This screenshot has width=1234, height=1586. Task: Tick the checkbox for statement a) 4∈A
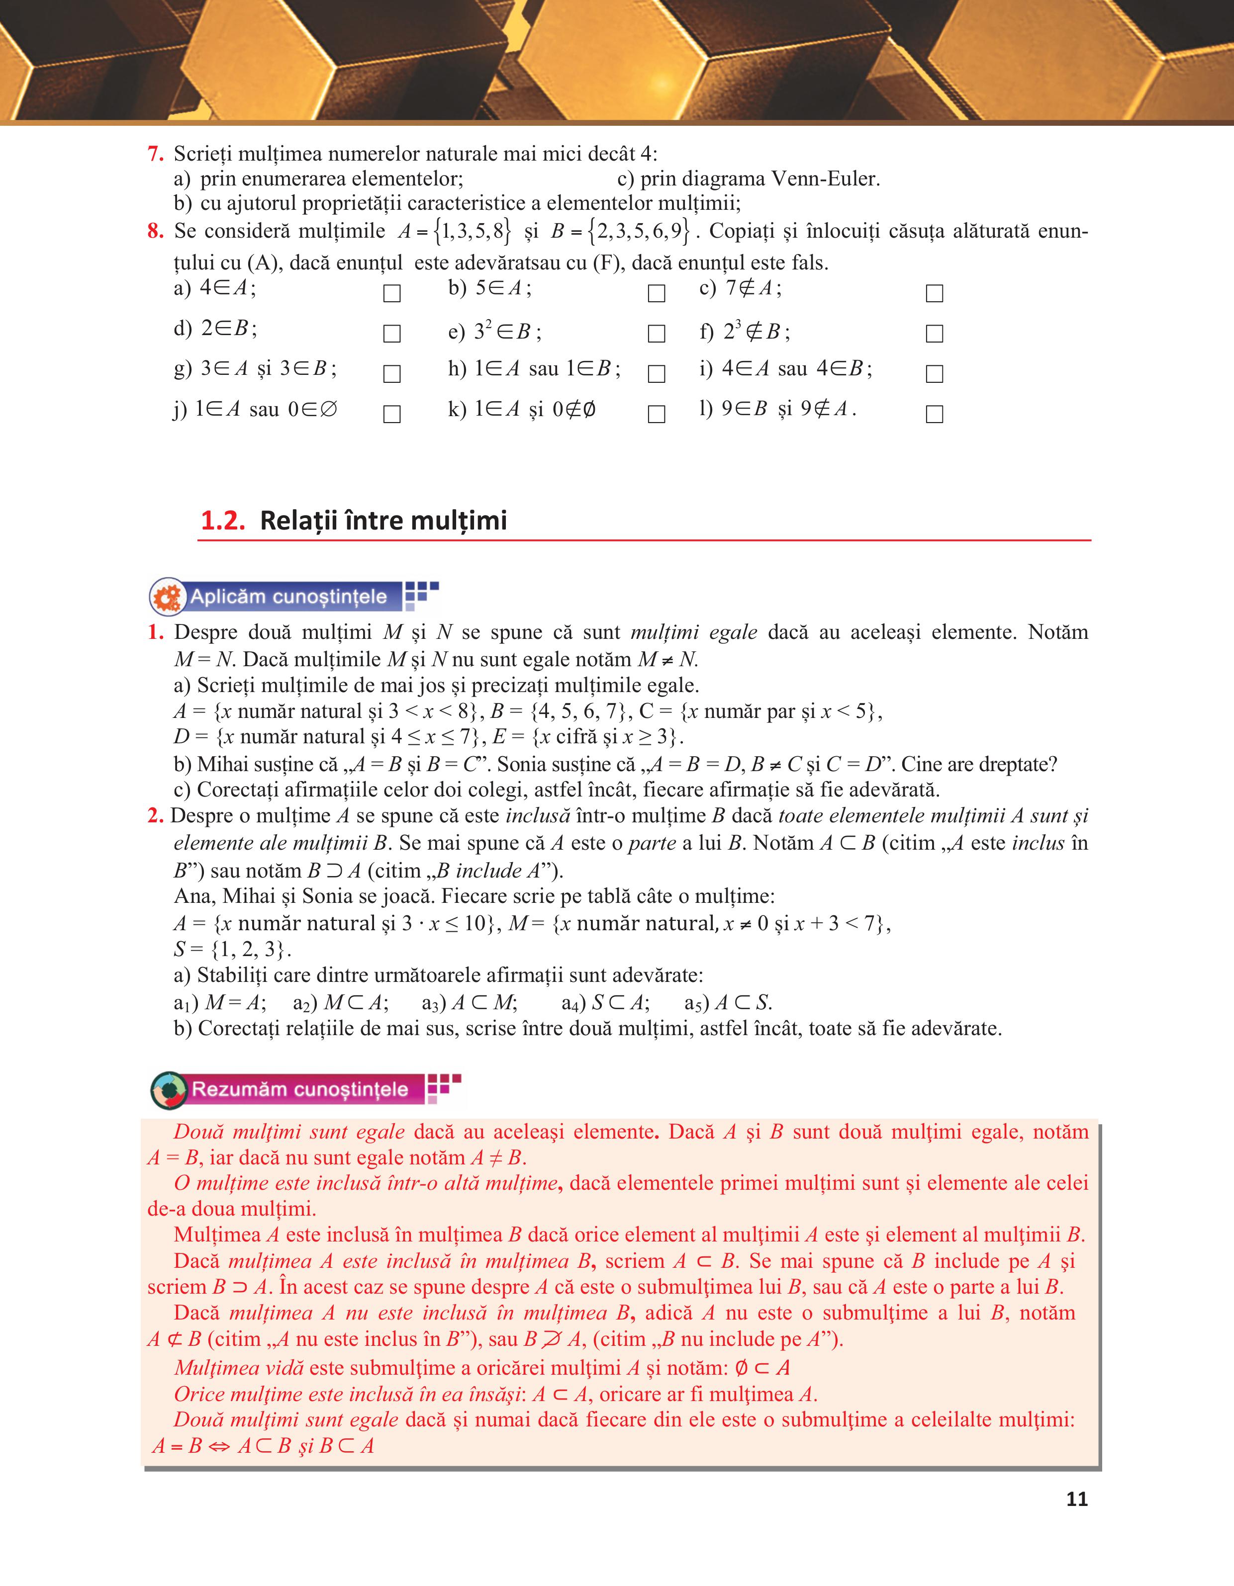tap(391, 293)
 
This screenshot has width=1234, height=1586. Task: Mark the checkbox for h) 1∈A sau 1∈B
tap(657, 373)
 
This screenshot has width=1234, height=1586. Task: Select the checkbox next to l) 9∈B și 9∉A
tap(935, 414)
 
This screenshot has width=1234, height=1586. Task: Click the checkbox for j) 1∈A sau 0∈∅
tap(391, 414)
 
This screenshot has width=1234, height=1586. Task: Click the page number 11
tap(1076, 1499)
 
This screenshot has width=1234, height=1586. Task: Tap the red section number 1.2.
tap(222, 521)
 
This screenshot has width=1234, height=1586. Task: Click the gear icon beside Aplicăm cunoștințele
tap(168, 598)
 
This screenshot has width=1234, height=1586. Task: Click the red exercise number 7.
tap(155, 154)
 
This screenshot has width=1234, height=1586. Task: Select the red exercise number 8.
tap(155, 231)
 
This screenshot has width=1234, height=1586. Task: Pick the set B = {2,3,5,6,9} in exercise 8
tap(620, 231)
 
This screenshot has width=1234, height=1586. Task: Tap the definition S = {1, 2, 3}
tap(232, 949)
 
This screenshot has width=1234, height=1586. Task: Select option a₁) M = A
tap(220, 1003)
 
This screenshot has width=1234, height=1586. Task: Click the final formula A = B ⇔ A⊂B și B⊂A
tap(263, 1446)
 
